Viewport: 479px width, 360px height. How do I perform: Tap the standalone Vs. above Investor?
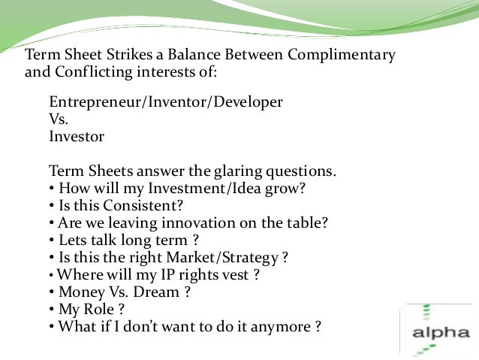(x=59, y=119)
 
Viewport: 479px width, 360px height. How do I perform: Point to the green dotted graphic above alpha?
(x=426, y=315)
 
